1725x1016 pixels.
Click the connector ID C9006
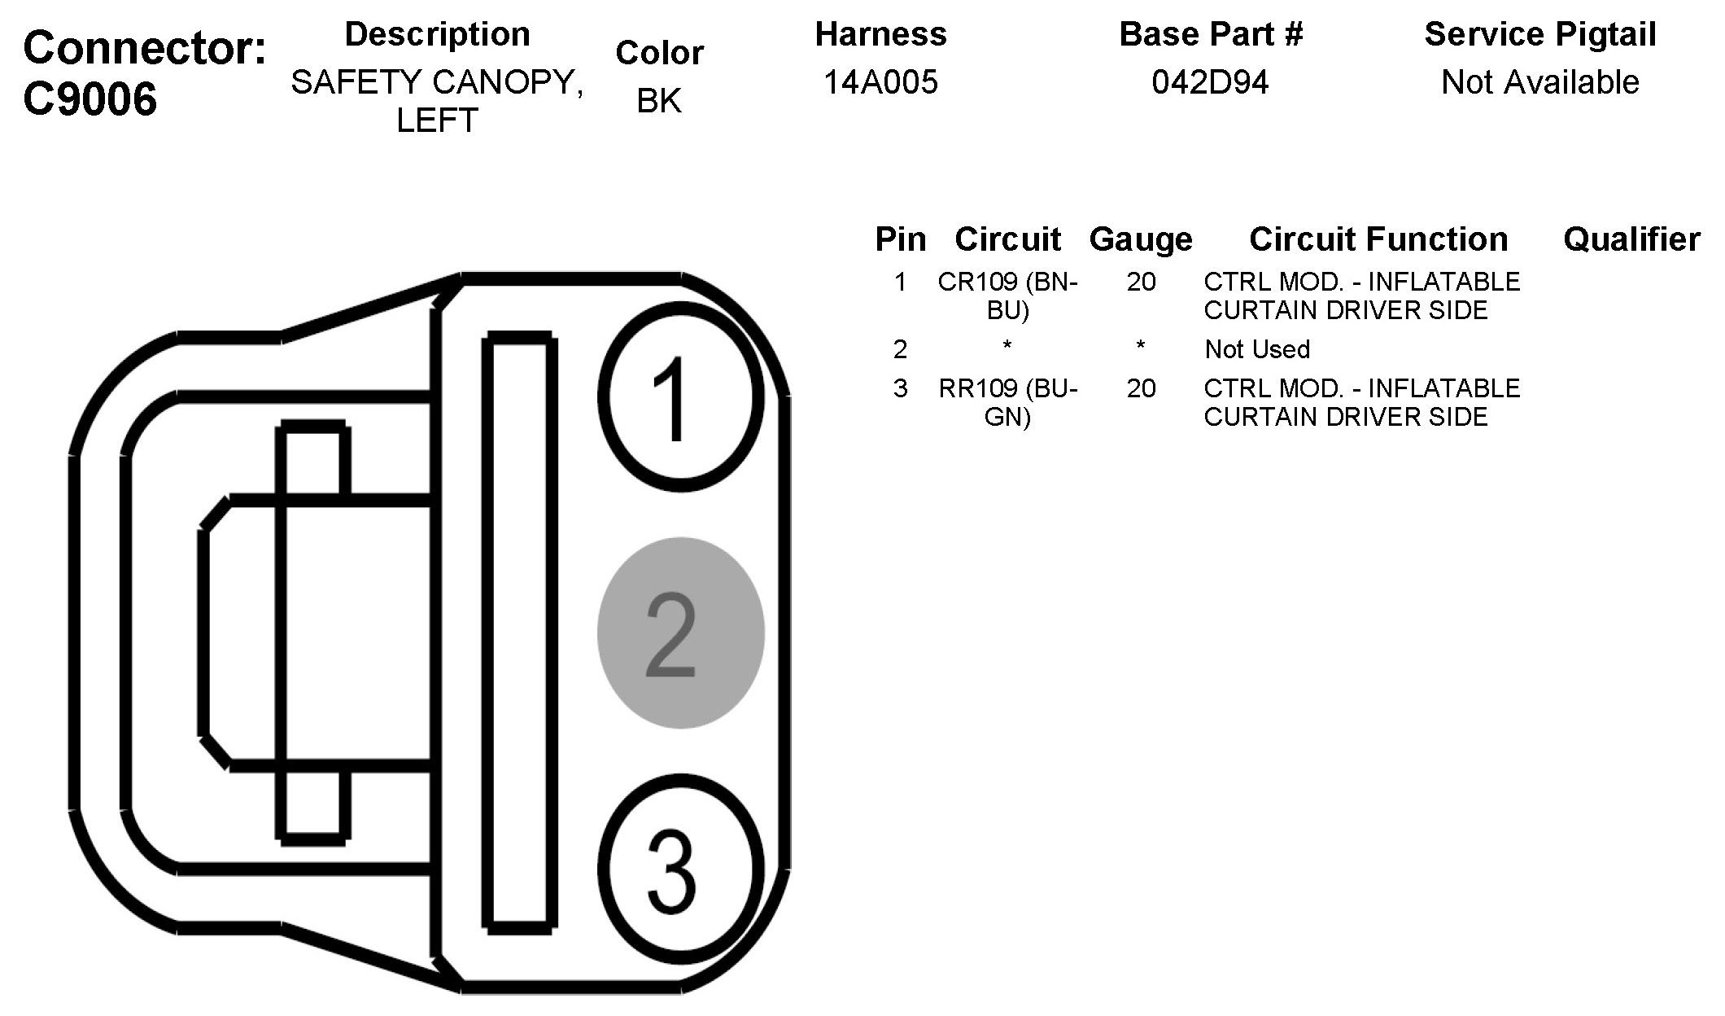(x=90, y=100)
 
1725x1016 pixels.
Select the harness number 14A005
(x=880, y=82)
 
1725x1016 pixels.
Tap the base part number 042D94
(x=1210, y=82)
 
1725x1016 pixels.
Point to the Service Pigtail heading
(x=1539, y=35)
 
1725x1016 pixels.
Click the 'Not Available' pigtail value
(x=1539, y=82)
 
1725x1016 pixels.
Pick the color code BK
(x=659, y=101)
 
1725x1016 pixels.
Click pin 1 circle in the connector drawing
(x=680, y=396)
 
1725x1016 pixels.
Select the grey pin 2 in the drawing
(x=680, y=633)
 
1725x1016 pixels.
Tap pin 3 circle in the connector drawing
(x=680, y=868)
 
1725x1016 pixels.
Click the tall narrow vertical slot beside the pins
(x=520, y=632)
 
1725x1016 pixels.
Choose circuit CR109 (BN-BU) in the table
(x=1007, y=296)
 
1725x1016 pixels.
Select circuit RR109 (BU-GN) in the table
(x=1007, y=402)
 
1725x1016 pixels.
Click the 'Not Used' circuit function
(x=1257, y=349)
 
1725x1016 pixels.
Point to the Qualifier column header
(x=1631, y=239)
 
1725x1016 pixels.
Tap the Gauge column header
(x=1140, y=239)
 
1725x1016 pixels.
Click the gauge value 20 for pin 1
(x=1141, y=282)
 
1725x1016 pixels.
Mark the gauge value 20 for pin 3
(x=1141, y=388)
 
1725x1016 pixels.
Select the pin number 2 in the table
(x=899, y=349)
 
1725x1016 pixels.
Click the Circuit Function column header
(x=1378, y=239)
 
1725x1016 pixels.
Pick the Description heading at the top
(x=437, y=35)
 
